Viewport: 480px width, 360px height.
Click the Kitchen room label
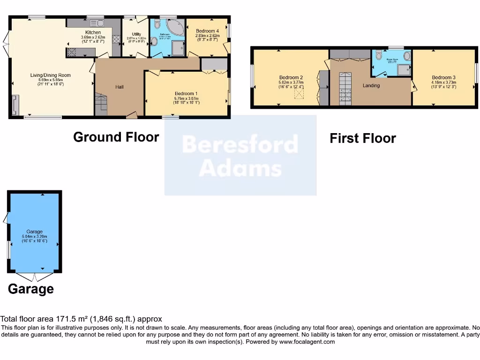tap(93, 32)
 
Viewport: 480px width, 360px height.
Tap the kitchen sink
tap(97, 23)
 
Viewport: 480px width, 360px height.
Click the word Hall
tap(120, 87)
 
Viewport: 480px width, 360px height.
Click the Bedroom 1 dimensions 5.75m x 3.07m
tap(186, 98)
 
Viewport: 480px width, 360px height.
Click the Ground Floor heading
tap(116, 137)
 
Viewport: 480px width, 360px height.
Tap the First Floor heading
tap(362, 138)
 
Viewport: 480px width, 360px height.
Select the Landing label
tap(371, 86)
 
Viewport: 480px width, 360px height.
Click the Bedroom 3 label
tap(443, 78)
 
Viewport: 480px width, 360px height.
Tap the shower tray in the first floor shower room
tap(403, 70)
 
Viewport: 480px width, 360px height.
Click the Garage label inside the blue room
tap(34, 232)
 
